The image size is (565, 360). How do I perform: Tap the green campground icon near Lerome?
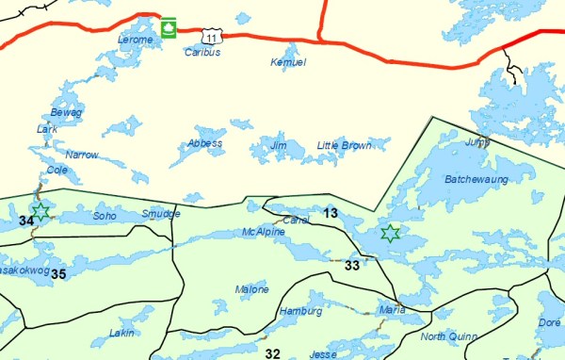click(169, 27)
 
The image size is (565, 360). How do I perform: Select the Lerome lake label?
click(134, 40)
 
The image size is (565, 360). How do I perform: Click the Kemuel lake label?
click(288, 62)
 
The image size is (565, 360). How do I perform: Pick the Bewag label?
click(67, 112)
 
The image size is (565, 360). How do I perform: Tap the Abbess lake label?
click(204, 143)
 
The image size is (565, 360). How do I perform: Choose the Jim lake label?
click(278, 146)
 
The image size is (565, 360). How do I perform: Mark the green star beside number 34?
click(40, 210)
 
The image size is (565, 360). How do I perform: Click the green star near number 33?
click(390, 233)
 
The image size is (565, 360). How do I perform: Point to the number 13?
click(330, 212)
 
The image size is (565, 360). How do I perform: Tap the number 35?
click(58, 274)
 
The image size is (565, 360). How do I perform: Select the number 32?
click(273, 353)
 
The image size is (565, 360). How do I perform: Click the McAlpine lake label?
click(263, 232)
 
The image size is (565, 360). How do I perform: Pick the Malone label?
click(252, 289)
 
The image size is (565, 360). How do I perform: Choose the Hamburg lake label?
click(300, 311)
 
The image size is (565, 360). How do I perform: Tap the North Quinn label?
click(448, 336)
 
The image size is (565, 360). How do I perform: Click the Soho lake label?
click(105, 216)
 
